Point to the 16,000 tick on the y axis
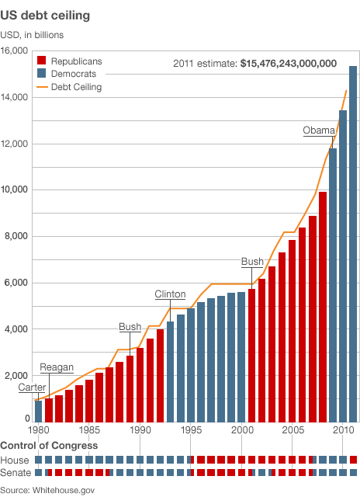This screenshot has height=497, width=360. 15,51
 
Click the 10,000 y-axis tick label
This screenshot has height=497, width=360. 15,190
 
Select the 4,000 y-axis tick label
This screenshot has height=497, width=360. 16,329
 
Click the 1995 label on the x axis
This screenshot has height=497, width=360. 191,429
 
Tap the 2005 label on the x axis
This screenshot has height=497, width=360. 292,429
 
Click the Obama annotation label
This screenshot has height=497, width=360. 318,130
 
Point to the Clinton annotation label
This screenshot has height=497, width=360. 170,294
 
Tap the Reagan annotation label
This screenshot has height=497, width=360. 56,367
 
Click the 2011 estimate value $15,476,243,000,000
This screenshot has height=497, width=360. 287,64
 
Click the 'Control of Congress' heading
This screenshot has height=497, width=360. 49,445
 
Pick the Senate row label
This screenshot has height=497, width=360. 16,472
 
